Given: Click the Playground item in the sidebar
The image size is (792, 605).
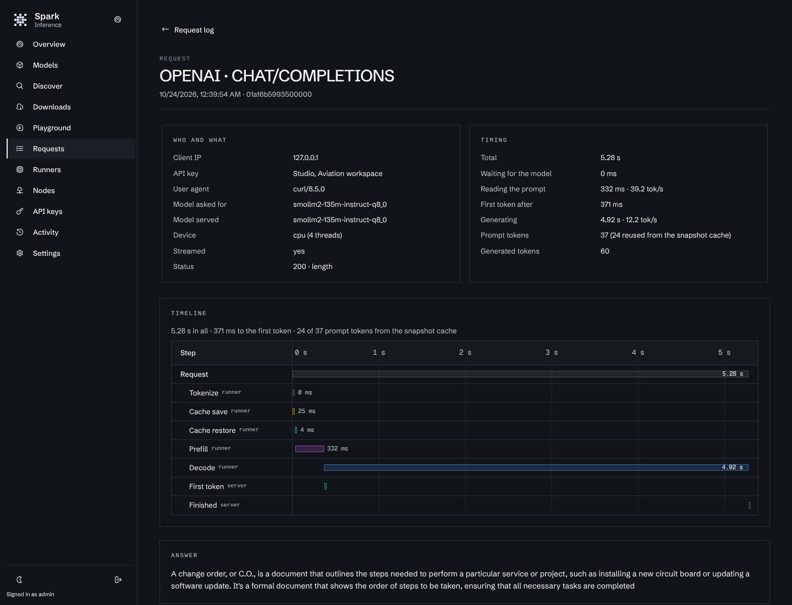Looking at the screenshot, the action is tap(52, 128).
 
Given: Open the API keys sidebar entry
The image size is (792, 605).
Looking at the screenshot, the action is tap(47, 211).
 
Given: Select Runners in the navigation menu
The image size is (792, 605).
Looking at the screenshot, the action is tap(47, 169).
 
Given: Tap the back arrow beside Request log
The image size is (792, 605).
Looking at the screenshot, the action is tap(165, 30).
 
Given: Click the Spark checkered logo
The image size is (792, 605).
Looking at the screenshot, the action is tap(20, 19).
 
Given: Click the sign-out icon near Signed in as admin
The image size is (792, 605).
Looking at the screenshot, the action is tap(118, 580).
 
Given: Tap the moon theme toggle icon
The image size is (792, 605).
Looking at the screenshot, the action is tap(19, 580).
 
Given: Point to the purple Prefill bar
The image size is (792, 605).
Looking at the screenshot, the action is tap(310, 449).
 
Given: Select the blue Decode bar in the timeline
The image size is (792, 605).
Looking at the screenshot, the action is tap(536, 468).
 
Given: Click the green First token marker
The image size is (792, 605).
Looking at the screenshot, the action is tap(326, 486).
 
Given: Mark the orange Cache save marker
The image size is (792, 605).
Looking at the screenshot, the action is tap(294, 411).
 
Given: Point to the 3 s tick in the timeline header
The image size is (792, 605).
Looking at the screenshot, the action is tap(551, 353).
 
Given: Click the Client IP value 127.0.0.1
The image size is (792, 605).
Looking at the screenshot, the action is tap(305, 158).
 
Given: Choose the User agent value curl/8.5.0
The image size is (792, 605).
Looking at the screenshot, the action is tap(309, 189).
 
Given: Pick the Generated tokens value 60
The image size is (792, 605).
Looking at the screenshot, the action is tap(605, 251).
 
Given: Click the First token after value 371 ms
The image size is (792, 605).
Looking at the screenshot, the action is tap(611, 204).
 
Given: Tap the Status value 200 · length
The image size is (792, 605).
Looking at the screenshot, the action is tap(312, 267).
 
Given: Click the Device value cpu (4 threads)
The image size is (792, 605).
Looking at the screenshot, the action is tap(317, 235).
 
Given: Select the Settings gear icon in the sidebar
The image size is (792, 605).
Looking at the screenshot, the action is tap(20, 253).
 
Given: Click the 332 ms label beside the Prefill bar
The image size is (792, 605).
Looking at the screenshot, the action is tap(337, 449).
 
